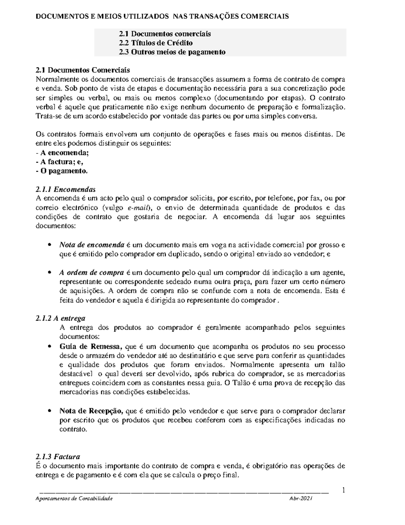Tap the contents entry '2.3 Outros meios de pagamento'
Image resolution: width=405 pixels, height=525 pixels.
coord(172,52)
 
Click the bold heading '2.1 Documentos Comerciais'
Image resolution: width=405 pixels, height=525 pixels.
coord(82,70)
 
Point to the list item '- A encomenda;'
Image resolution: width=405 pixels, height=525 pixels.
coord(62,153)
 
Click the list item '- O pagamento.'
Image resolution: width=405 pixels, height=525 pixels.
coord(61,171)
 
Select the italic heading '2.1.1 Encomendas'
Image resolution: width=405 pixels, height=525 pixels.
coord(65,189)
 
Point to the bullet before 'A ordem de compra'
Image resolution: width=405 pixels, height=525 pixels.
coord(49,272)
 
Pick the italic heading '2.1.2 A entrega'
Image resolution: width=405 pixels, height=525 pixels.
coord(60,318)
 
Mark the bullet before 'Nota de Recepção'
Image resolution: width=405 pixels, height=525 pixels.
coord(49,411)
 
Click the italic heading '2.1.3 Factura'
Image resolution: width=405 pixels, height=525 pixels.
coord(58,457)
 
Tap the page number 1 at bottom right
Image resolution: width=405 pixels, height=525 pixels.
coord(343,490)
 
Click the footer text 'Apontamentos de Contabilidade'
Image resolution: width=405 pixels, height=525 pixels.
coord(74,499)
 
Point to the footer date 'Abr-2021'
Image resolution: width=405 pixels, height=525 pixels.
coord(300,499)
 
